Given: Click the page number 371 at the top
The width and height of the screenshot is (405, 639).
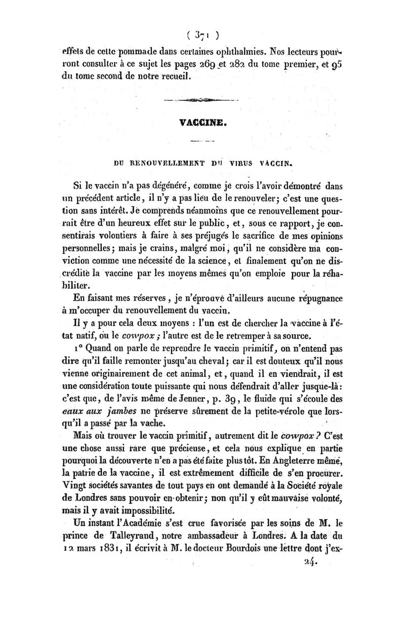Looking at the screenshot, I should pyautogui.click(x=202, y=36).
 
